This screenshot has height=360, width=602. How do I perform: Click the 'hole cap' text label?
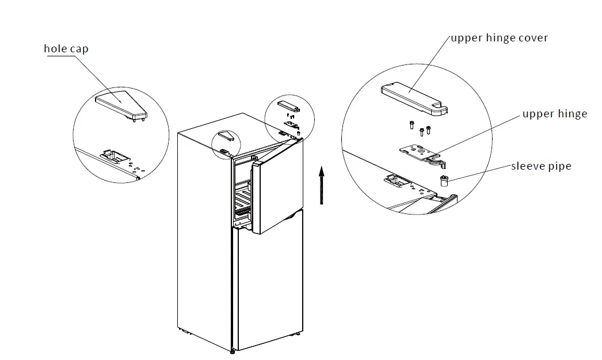pyautogui.click(x=66, y=49)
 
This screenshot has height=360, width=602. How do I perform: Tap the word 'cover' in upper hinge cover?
pyautogui.click(x=531, y=38)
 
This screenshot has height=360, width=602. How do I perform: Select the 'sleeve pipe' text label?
pyautogui.click(x=541, y=166)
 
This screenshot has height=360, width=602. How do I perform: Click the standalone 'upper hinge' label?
pyautogui.click(x=554, y=114)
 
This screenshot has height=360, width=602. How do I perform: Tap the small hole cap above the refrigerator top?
pyautogui.click(x=226, y=136)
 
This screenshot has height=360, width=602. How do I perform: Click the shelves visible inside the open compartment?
pyautogui.click(x=242, y=201)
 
